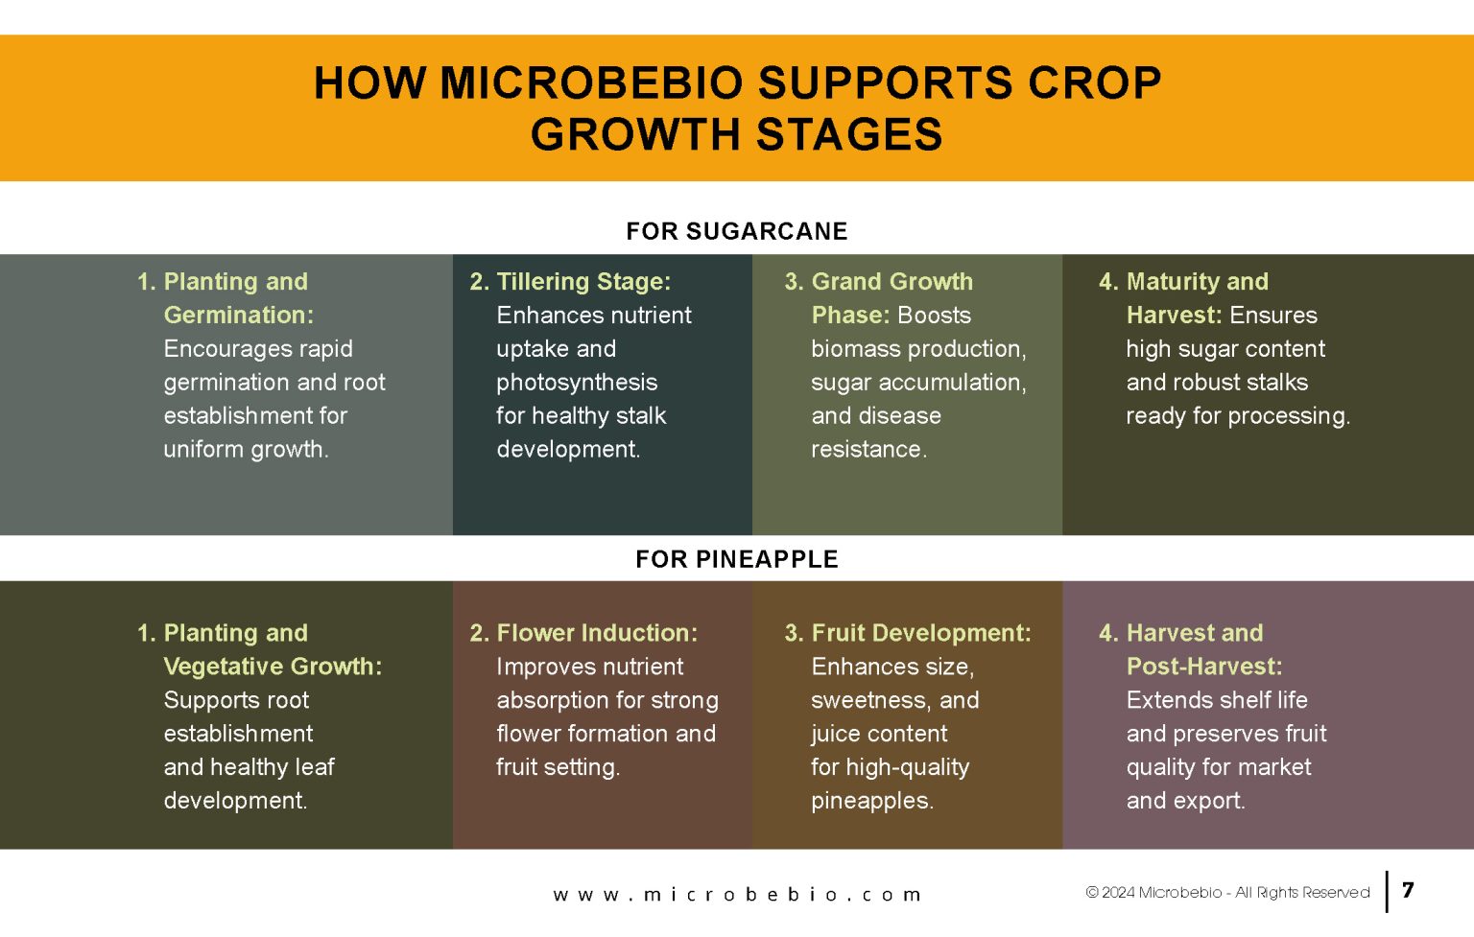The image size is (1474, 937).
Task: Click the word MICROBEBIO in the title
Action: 591,82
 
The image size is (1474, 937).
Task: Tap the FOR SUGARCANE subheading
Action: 736,231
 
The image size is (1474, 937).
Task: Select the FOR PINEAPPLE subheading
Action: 736,559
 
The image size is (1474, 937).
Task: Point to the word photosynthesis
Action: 577,383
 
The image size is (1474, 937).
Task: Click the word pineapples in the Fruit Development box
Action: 872,801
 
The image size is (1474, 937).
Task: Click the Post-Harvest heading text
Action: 1204,667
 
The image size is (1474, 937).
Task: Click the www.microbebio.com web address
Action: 737,894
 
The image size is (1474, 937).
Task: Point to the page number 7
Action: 1408,890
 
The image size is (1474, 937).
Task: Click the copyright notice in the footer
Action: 1227,892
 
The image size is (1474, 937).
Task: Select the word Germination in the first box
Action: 238,316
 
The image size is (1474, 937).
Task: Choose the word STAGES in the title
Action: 849,134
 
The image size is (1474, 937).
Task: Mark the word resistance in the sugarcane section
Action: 868,450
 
